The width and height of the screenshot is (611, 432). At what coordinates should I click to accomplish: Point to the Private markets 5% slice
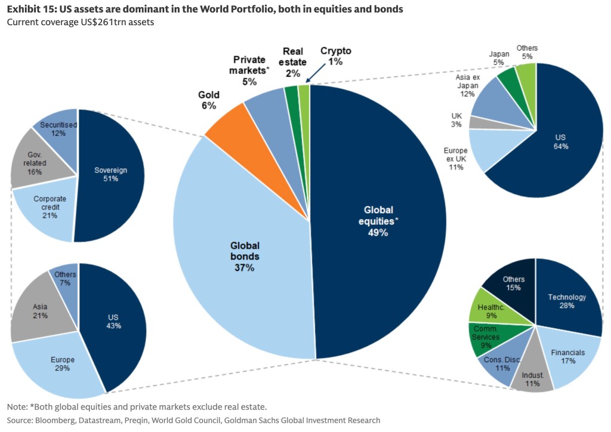(267, 107)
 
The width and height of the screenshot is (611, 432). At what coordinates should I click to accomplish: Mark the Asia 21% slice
(41, 310)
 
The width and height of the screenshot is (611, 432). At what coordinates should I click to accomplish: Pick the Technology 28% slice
(567, 301)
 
